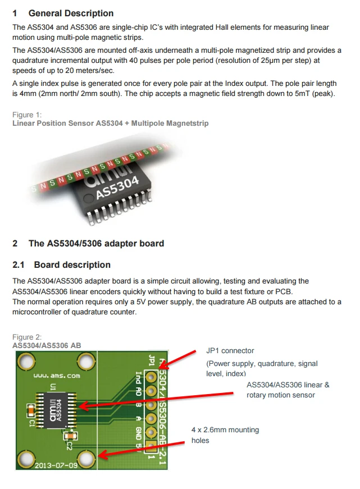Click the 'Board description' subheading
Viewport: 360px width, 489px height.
72,264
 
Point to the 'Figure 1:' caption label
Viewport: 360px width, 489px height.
27,115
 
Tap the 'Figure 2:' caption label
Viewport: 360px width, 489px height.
27,337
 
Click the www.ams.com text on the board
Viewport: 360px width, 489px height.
56,376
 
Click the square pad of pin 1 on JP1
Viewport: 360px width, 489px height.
151,447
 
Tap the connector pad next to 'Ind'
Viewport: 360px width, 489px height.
151,376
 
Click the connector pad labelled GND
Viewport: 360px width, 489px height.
151,433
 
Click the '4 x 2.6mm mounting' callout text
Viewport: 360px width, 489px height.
225,430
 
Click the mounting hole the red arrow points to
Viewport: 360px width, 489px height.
87,459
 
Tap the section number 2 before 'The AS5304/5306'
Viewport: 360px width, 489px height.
15,243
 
